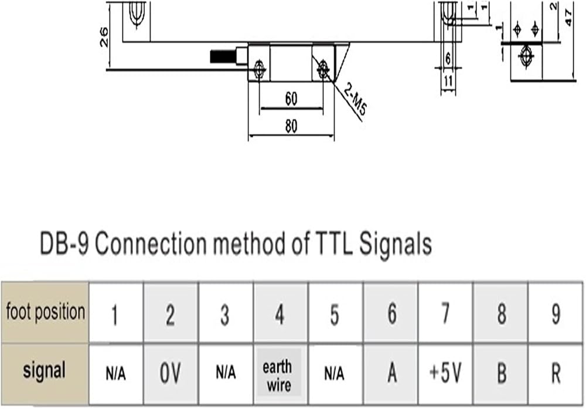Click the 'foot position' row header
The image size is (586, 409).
(x=45, y=312)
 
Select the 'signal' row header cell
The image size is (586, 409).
(x=45, y=373)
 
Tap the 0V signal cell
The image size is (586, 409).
(x=171, y=373)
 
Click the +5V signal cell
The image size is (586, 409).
(x=445, y=373)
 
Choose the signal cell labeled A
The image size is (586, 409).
(x=391, y=373)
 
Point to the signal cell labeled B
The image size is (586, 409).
(x=500, y=373)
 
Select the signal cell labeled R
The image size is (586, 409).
(x=556, y=373)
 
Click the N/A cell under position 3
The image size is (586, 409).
(x=226, y=373)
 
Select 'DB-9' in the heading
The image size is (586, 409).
(x=64, y=244)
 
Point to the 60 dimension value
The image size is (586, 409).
(x=291, y=99)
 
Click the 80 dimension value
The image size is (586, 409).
(x=291, y=127)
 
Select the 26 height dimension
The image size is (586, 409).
(x=104, y=36)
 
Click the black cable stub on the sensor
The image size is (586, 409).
(x=223, y=56)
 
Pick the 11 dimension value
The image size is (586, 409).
(x=448, y=81)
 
